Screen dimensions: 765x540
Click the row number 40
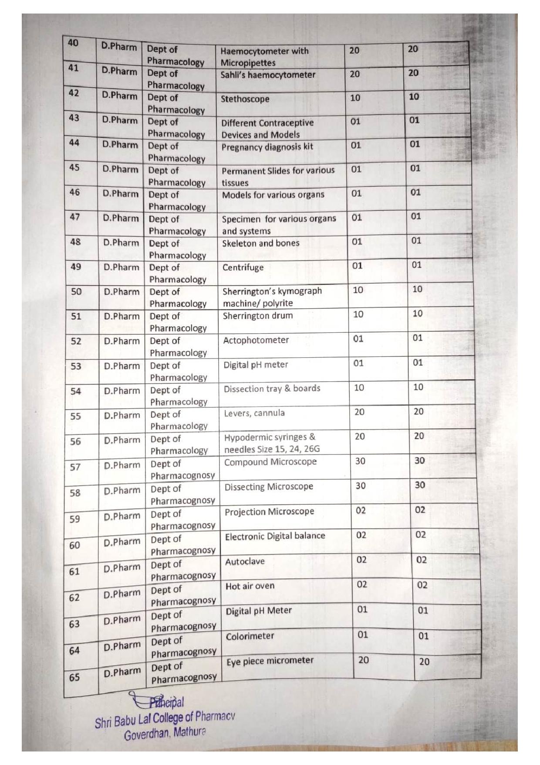74,43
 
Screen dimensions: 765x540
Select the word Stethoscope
245,99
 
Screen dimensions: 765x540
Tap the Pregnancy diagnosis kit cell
267,147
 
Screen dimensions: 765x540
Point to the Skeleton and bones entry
260,243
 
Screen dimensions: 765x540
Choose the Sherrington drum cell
257,316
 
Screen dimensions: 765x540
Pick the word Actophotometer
256,340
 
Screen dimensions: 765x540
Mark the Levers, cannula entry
254,413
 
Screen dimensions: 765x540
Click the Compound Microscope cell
270,462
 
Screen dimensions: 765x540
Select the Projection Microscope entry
269,512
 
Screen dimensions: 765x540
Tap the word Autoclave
245,562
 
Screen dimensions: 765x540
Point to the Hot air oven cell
250,587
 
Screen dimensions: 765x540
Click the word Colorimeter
250,636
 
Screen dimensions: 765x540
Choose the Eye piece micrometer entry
270,661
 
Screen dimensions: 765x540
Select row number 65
74,677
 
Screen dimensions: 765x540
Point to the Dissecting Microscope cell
269,487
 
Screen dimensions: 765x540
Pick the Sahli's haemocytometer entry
267,75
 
